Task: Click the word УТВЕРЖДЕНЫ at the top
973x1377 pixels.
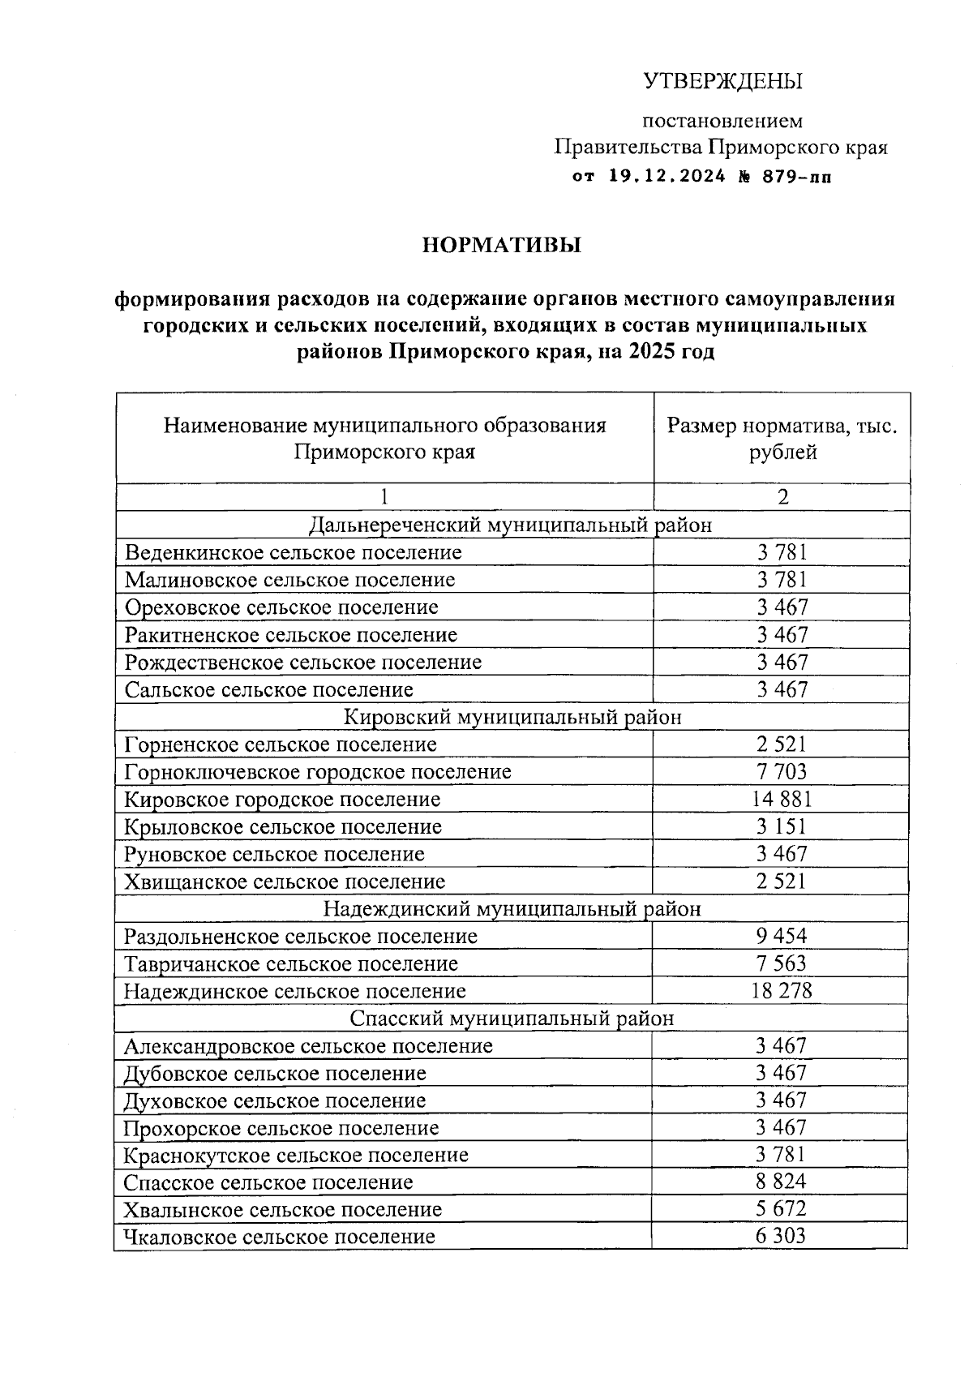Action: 722,82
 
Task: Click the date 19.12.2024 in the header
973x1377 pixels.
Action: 667,177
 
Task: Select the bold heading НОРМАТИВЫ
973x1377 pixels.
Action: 502,245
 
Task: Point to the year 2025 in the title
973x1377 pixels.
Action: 652,352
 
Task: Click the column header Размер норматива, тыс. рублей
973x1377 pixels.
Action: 782,439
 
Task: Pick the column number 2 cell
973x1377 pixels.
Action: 782,497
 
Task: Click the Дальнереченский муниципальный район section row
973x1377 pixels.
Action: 511,525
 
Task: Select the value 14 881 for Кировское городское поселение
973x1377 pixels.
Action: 782,800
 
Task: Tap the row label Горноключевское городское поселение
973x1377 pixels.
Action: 318,772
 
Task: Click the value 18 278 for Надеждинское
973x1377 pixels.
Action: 782,991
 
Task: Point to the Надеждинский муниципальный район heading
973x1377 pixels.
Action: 511,909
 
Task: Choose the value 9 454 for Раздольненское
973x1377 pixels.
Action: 782,937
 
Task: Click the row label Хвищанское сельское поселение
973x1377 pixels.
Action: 285,882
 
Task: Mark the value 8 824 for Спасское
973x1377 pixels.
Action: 782,1182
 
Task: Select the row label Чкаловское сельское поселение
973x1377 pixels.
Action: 279,1237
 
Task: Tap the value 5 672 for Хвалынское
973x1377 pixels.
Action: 782,1209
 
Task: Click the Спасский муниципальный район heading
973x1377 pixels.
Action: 511,1019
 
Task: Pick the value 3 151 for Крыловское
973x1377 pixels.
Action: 782,827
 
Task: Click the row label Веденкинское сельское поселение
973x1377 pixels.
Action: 294,553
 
